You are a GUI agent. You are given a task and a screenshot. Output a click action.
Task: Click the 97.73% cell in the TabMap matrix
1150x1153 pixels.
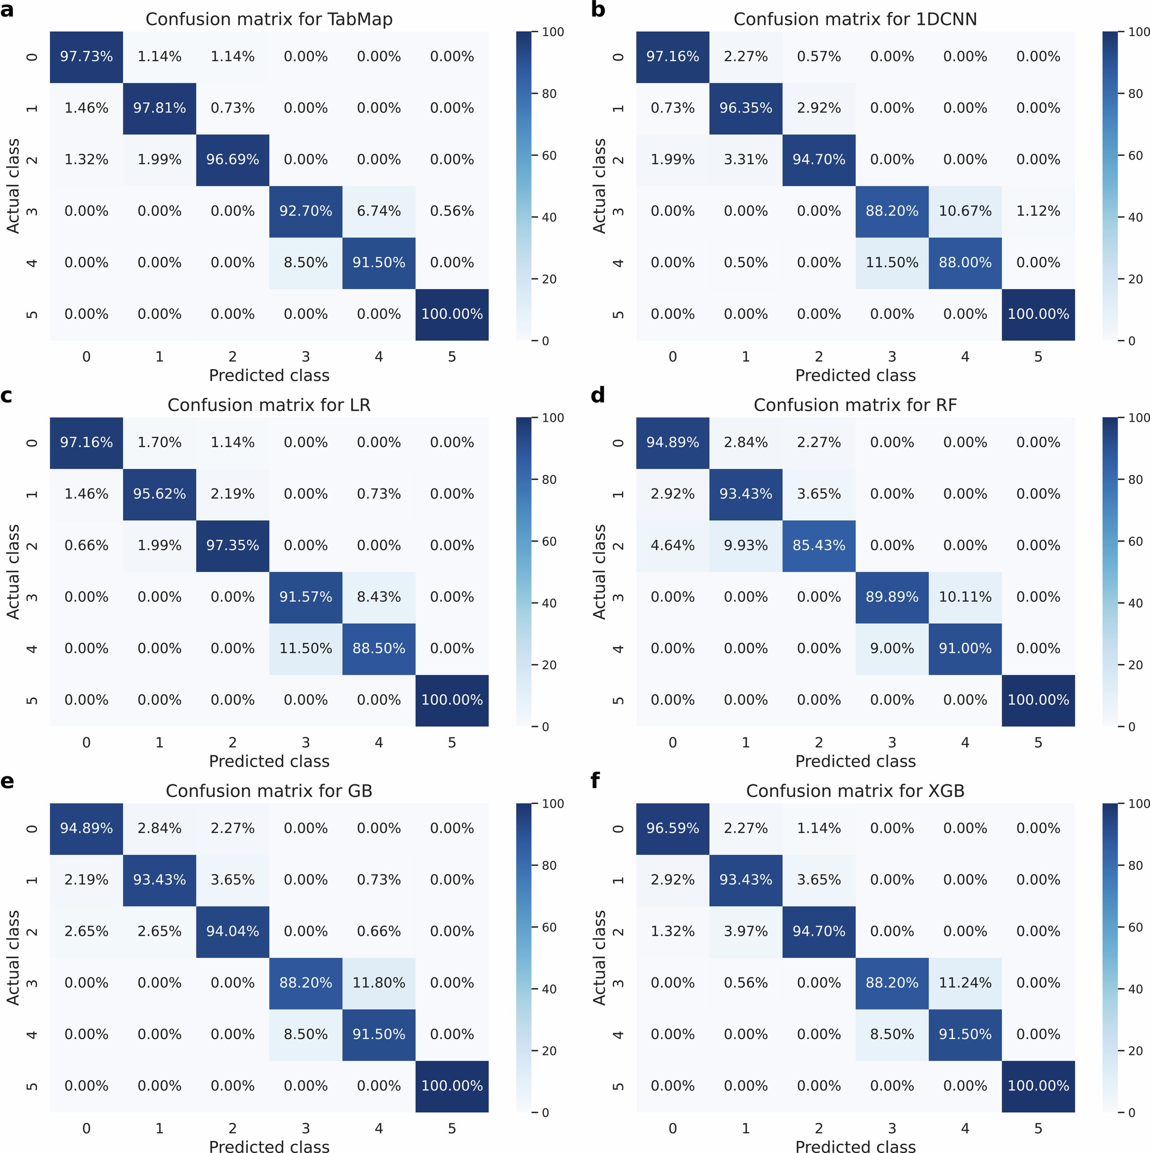[x=86, y=57]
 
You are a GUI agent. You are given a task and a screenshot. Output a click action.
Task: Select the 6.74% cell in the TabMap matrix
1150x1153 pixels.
[x=378, y=211]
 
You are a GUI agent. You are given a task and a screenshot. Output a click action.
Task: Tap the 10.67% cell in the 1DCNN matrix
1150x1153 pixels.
[x=965, y=211]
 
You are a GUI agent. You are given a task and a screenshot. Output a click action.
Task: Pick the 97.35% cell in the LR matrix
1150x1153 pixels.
[x=232, y=545]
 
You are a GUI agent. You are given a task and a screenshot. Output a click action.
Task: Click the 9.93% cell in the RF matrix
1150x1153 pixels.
[x=745, y=545]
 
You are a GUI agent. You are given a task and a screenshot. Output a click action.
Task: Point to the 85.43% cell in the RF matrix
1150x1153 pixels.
[x=819, y=545]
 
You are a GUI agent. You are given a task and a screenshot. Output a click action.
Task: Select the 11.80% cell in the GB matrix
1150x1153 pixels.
[x=378, y=983]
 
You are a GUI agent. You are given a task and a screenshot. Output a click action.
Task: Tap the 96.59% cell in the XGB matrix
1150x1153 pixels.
[x=673, y=828]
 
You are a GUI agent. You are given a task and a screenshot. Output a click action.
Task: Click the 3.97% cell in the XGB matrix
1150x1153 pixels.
[x=745, y=932]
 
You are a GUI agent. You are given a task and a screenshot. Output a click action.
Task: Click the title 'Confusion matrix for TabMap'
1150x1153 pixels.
[x=269, y=19]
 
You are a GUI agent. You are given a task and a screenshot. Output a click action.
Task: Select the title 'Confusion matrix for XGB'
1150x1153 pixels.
[x=855, y=791]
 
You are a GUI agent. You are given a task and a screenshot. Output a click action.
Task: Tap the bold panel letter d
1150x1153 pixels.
[x=597, y=395]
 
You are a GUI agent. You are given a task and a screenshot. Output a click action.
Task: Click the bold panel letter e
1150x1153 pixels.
[x=7, y=781]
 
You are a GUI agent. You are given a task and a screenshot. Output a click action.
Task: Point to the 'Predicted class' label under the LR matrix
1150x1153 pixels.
[x=269, y=762]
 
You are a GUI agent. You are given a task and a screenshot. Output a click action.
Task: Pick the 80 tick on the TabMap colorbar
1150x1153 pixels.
[x=549, y=94]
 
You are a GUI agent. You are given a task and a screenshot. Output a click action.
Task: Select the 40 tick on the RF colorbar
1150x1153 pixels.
[x=1135, y=604]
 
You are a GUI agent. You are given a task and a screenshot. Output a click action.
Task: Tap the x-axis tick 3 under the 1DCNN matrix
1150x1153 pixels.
[x=892, y=357]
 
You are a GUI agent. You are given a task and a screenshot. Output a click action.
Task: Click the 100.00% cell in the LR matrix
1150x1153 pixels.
[x=452, y=700]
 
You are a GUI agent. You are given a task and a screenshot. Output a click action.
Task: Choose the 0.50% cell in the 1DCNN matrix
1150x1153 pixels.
[x=745, y=263]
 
